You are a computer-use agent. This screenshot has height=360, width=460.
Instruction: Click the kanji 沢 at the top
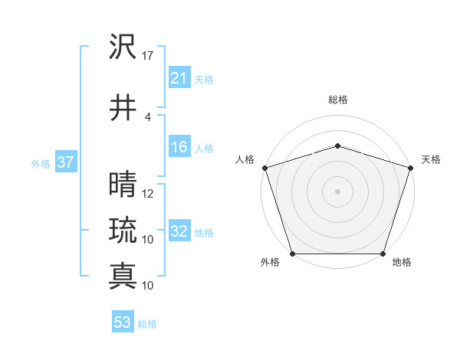coord(123,48)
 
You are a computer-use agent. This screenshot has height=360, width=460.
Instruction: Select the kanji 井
coord(123,109)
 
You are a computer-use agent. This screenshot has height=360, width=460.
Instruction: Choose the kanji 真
coord(123,276)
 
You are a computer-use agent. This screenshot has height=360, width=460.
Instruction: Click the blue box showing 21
coord(179,78)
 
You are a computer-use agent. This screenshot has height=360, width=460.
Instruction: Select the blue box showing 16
coord(179,148)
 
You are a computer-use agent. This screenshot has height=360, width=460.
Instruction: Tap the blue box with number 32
coord(179,231)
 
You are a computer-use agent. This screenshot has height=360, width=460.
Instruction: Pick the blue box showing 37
coord(65,163)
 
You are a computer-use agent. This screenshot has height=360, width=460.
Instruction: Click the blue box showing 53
coord(123,322)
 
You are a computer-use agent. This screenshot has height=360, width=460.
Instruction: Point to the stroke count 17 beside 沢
coord(148,57)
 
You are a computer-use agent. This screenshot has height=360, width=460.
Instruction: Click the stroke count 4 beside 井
coord(148,117)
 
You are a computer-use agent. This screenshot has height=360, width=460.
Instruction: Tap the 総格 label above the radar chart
coord(337,100)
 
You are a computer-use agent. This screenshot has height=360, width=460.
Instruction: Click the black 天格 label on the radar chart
coord(431,159)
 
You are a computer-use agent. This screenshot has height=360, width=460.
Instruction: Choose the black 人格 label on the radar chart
coord(245,159)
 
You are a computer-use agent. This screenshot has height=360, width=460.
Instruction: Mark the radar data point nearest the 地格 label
coord(383,254)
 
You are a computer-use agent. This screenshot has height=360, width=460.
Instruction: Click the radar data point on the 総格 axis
coord(337,146)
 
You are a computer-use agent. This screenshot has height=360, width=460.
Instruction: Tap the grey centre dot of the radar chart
coord(337,191)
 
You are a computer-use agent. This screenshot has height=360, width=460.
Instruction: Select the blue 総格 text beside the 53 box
coord(147,324)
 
